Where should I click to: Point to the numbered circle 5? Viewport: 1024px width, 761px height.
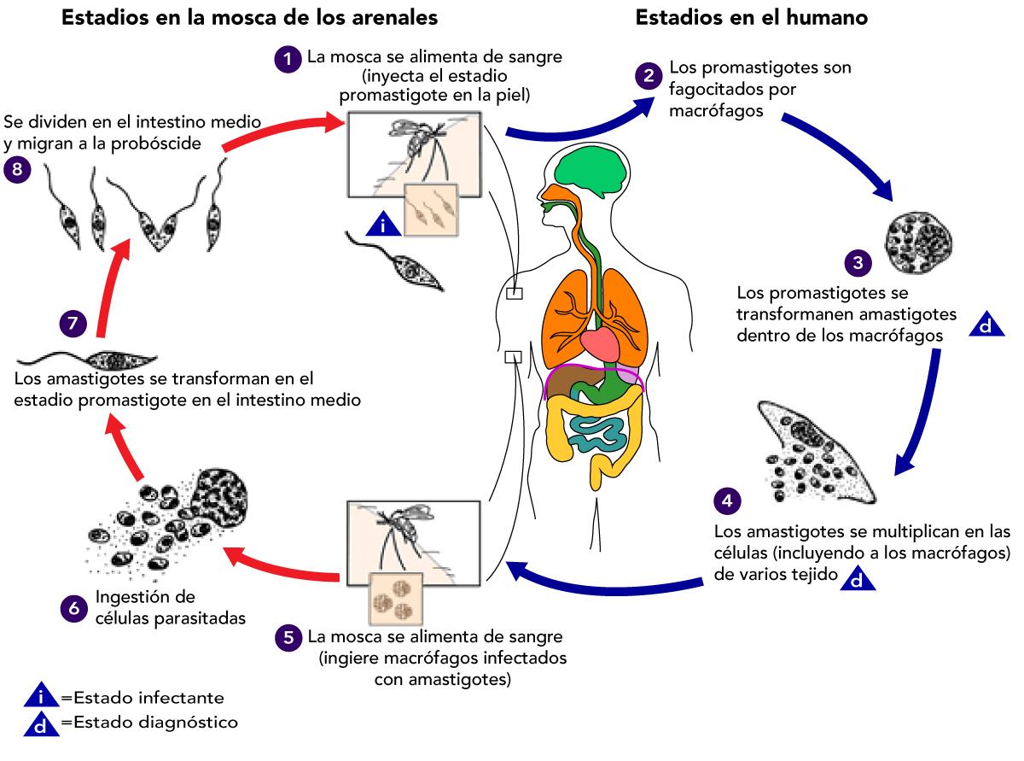(x=289, y=637)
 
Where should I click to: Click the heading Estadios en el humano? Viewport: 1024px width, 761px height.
(x=751, y=17)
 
